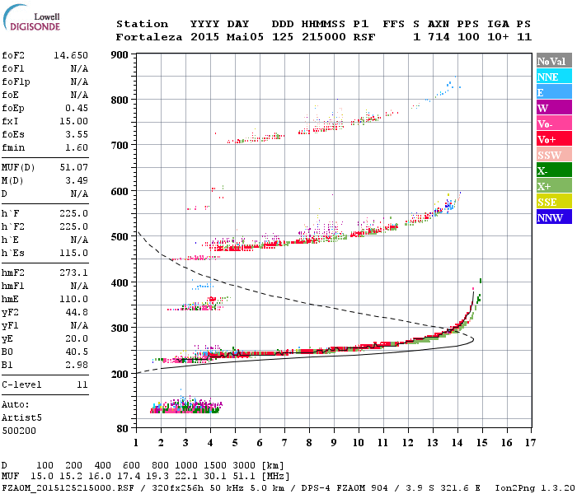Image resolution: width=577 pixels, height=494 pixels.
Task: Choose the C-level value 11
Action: (82, 384)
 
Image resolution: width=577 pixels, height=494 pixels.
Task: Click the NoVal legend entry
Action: (553, 61)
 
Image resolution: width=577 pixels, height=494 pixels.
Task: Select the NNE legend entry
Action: (548, 77)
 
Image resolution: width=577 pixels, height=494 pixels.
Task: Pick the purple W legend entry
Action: (544, 108)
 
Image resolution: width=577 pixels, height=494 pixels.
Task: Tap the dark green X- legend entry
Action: (543, 170)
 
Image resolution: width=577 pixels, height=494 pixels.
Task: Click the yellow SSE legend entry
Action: (548, 202)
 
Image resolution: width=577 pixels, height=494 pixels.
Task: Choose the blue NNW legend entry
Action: (550, 217)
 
